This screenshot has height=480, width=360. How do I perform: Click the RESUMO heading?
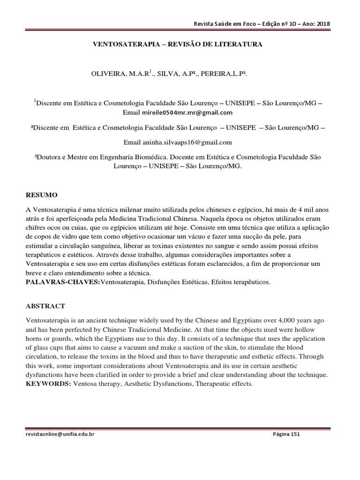41,195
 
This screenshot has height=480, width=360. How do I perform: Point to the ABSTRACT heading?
45,306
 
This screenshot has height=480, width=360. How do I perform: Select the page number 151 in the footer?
295,434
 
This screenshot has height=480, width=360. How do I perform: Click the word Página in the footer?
281,434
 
